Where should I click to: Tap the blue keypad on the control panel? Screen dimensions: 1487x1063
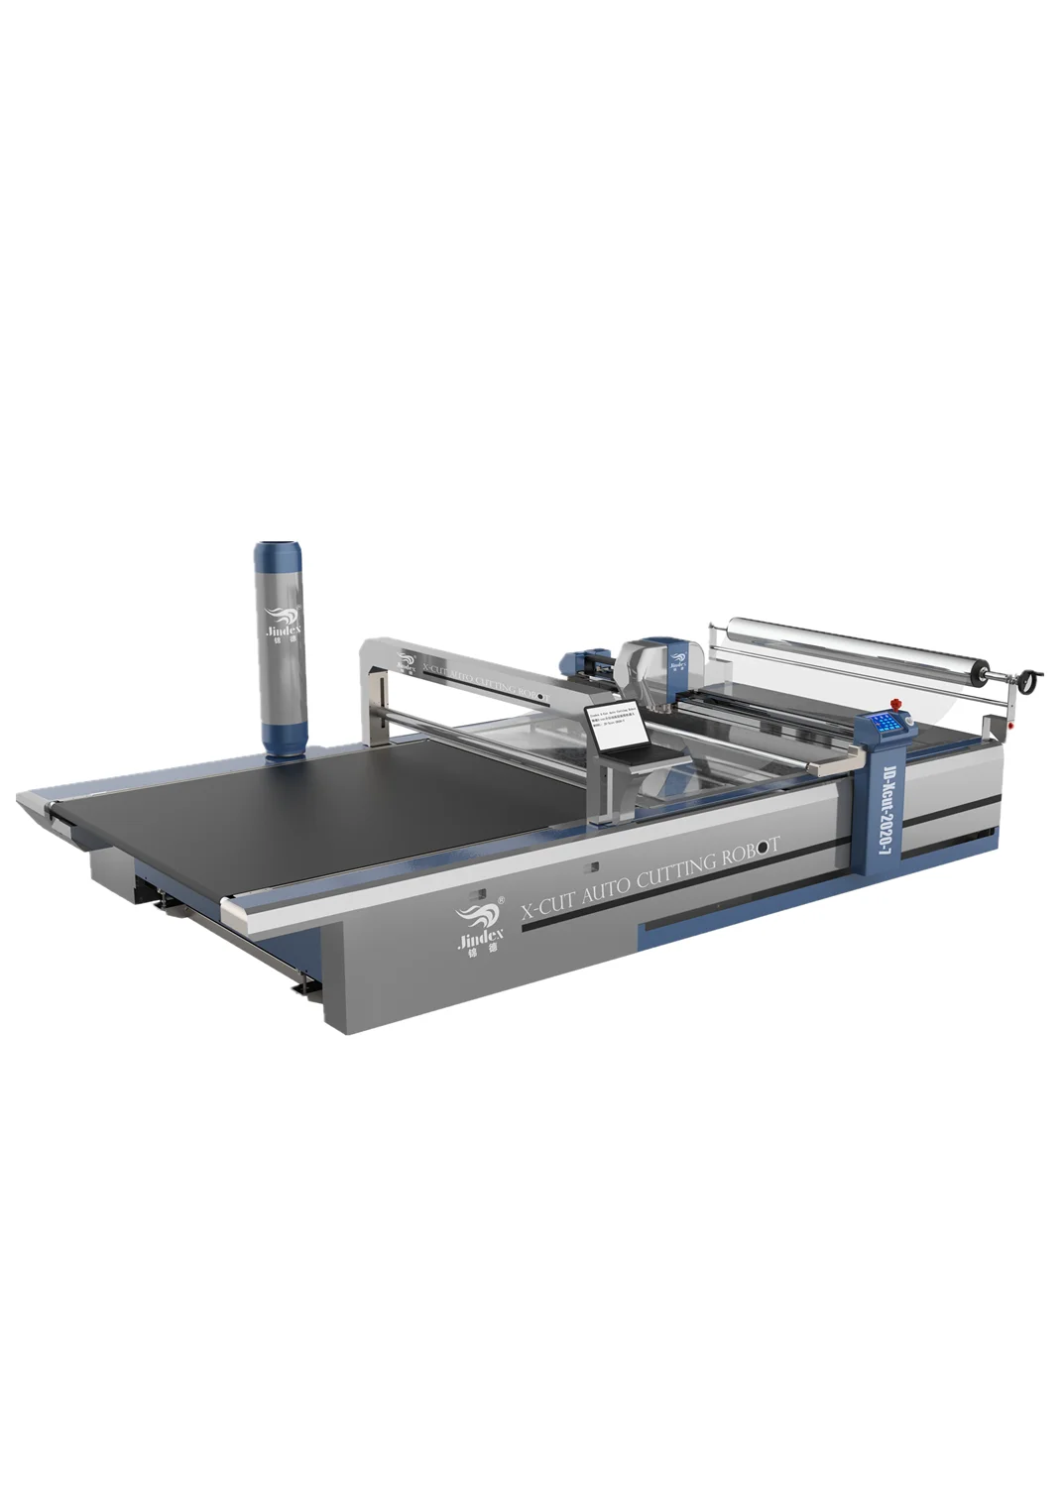coord(886,723)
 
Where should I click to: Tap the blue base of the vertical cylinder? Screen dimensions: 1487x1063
coord(285,733)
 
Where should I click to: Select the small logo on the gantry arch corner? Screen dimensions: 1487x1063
coord(408,659)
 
